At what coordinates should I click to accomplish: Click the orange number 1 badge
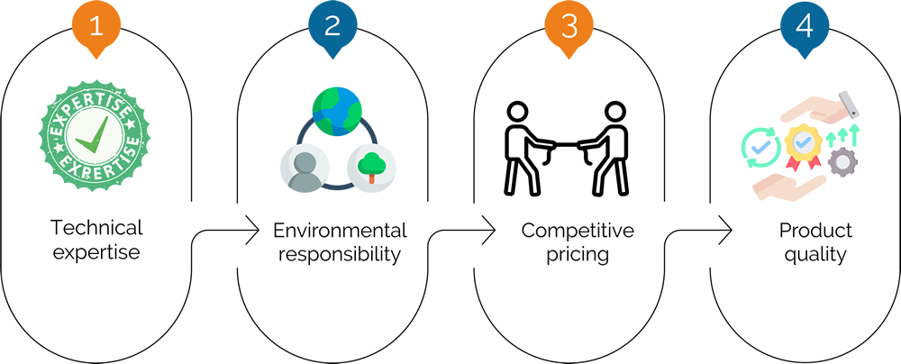pos(96,28)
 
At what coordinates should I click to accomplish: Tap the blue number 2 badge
pos(332,28)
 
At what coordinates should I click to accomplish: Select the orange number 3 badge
pos(569,28)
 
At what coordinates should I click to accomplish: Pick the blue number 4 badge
pos(805,28)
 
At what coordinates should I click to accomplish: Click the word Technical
pos(96,228)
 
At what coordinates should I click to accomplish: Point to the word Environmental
pos(341,231)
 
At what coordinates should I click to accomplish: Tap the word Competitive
pos(578,231)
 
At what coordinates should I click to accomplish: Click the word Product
pos(815,231)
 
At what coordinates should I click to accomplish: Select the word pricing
pos(578,255)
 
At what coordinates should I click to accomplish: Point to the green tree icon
pos(371,165)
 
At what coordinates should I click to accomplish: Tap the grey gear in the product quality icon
pos(842,161)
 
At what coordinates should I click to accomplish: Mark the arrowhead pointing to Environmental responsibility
pos(252,231)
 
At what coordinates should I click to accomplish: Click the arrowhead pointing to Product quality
pos(724,231)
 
